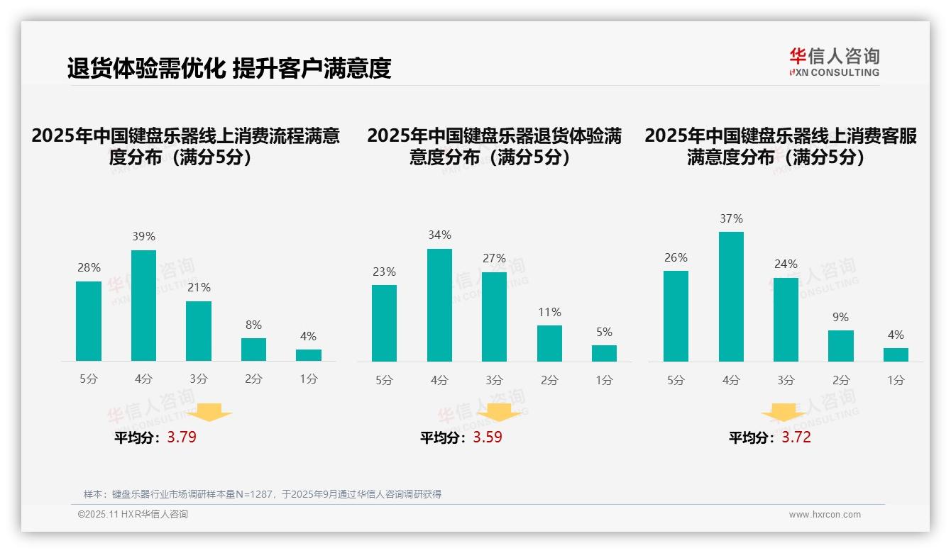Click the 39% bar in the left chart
(x=143, y=306)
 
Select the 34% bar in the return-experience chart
(x=439, y=305)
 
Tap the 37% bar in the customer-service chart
(x=731, y=296)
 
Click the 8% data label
(x=253, y=325)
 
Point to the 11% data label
(x=549, y=312)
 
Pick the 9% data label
(x=840, y=317)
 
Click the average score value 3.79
(x=182, y=437)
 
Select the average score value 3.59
(x=488, y=437)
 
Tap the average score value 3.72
(x=796, y=437)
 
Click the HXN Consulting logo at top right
(x=834, y=62)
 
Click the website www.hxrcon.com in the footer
(x=825, y=515)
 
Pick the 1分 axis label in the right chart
(x=896, y=380)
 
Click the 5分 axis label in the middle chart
(x=384, y=380)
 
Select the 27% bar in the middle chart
(x=494, y=317)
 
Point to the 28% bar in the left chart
(x=89, y=321)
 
